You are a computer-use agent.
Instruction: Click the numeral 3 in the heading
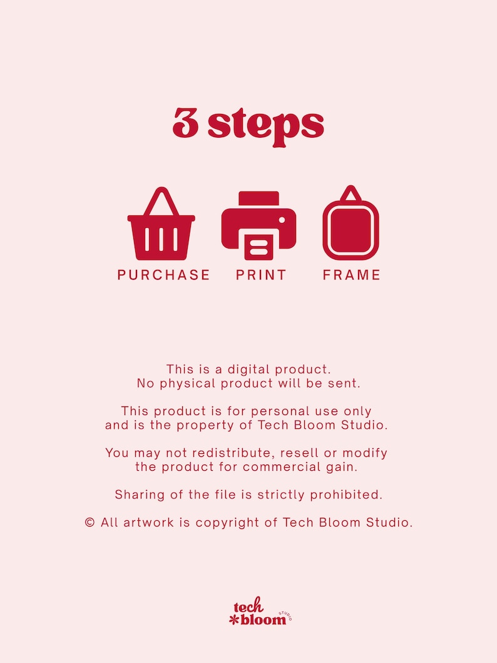(185, 124)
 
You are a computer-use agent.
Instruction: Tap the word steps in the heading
(266, 126)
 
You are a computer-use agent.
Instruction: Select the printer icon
(259, 225)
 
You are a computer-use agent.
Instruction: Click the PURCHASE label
(164, 275)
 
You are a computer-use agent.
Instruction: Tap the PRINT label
(261, 275)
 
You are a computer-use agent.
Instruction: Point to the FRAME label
(352, 275)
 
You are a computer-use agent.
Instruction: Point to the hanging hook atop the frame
(351, 192)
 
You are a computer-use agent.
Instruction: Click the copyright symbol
(90, 523)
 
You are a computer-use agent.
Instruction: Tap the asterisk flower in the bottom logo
(235, 620)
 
